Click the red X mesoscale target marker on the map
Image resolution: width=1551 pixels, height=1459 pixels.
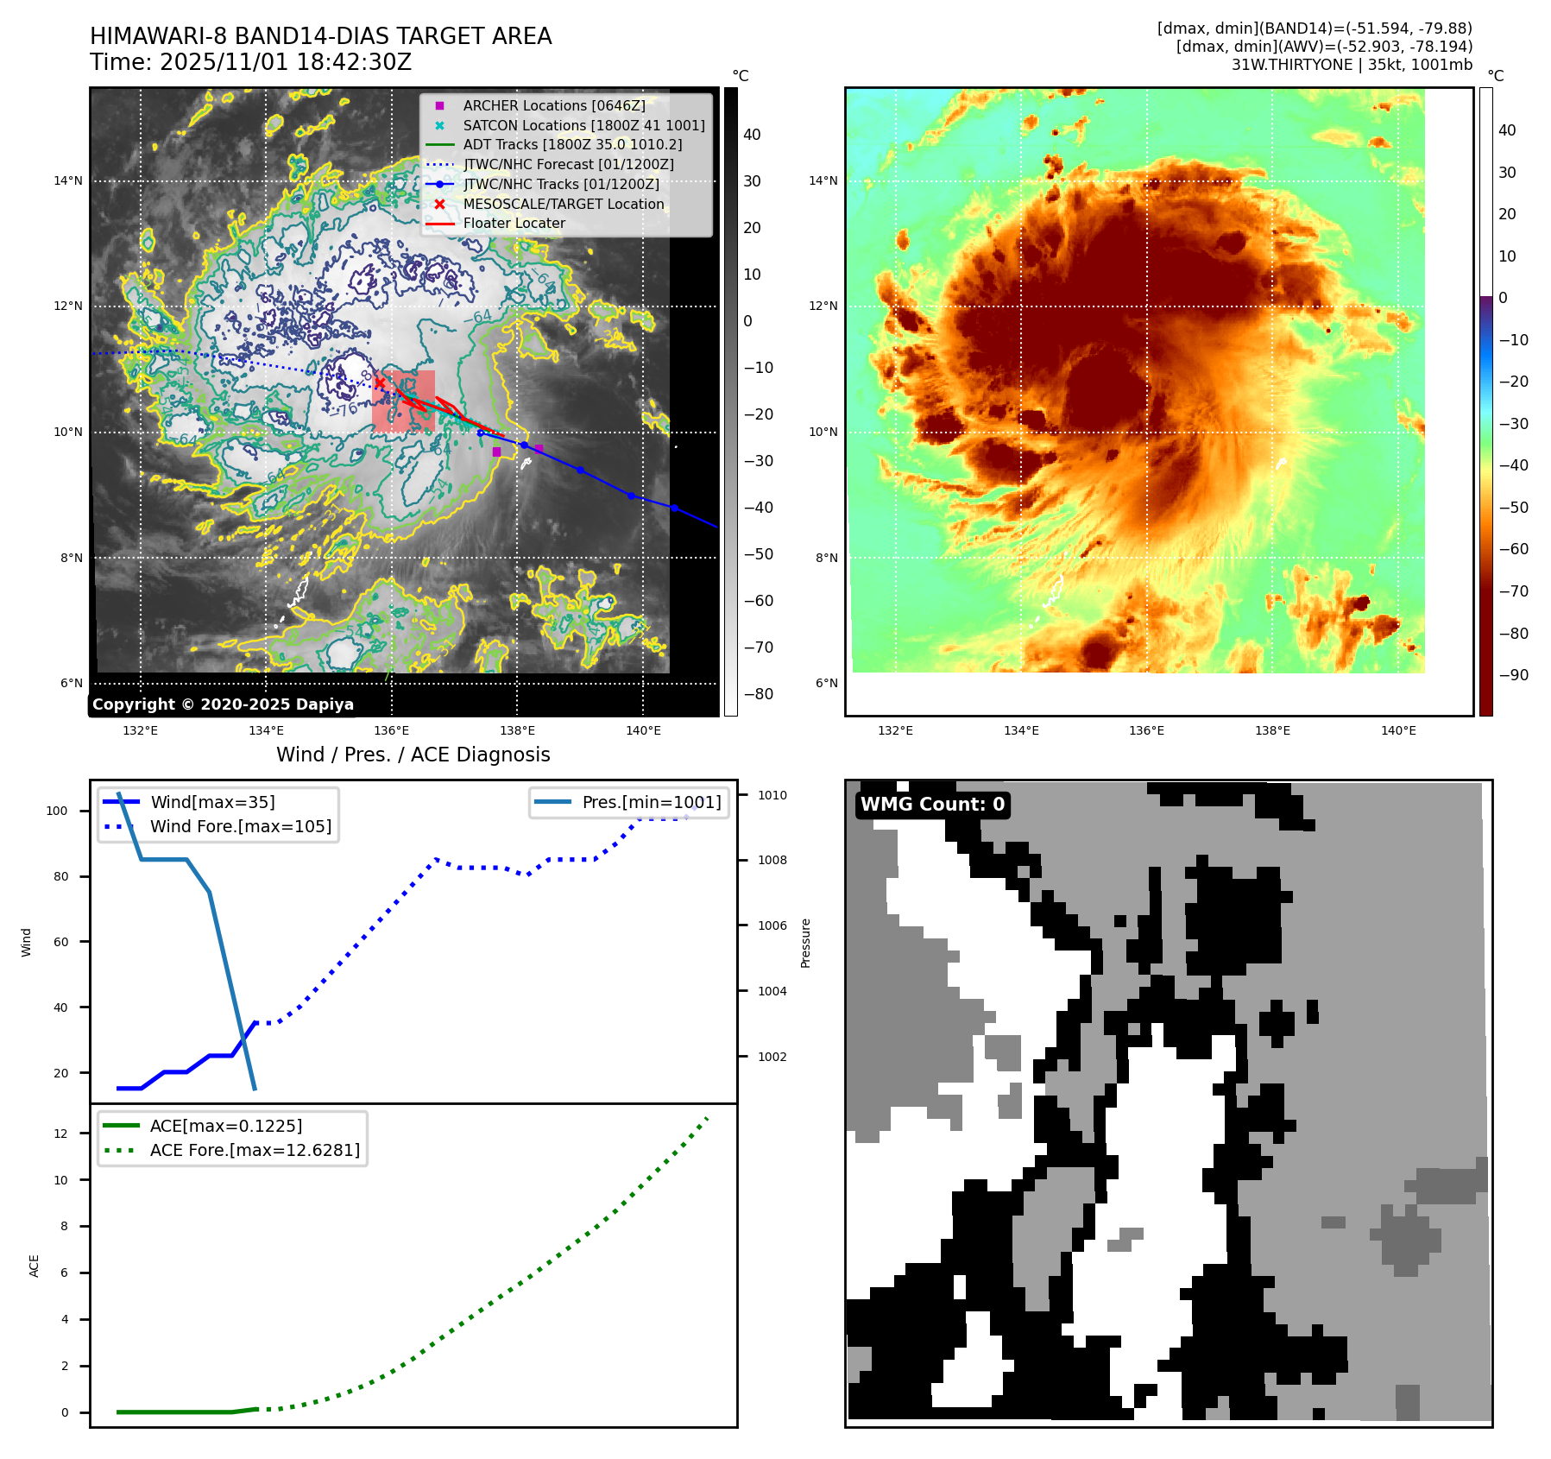[x=380, y=383]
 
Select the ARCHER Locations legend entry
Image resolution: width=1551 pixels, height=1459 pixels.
[x=553, y=105]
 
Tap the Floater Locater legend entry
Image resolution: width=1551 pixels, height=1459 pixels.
[x=514, y=223]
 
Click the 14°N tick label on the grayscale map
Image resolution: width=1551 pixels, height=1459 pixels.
[x=68, y=180]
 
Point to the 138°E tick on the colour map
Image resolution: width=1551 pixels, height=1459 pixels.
[x=1272, y=730]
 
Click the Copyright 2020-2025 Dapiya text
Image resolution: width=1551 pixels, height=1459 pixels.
[x=223, y=704]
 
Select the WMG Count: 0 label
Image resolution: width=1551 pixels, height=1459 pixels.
[x=932, y=805]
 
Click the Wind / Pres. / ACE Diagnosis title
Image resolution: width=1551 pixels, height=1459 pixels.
[x=413, y=755]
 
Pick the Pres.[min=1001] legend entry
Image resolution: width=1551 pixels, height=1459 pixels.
[x=651, y=802]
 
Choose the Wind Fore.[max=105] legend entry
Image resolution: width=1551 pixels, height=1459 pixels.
[x=240, y=826]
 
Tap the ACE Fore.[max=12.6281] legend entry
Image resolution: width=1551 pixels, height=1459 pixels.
[x=255, y=1150]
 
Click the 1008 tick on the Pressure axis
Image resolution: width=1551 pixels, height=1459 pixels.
[x=772, y=860]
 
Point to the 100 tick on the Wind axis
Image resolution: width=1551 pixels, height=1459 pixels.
[x=57, y=811]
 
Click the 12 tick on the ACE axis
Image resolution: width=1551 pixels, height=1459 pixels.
[x=60, y=1134]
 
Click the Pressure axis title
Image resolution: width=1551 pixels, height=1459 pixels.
[x=805, y=943]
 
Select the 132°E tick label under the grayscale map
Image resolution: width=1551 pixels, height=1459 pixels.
[x=140, y=730]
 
